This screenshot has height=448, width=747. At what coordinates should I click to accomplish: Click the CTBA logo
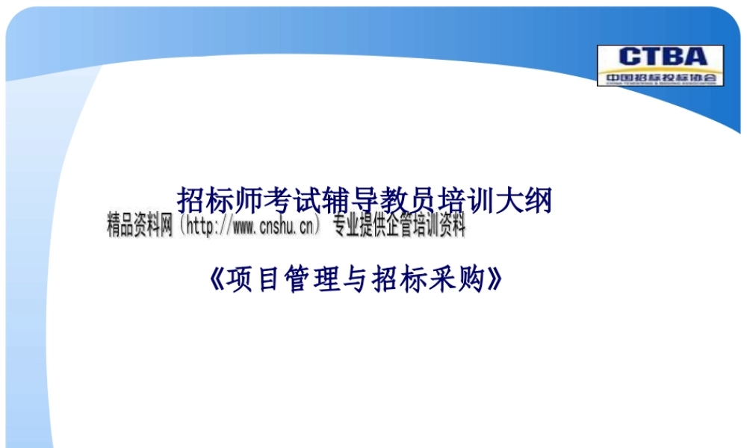(x=660, y=65)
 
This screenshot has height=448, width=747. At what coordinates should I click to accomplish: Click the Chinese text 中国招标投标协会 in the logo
(x=660, y=77)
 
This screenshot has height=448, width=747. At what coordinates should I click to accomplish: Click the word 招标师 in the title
(x=218, y=201)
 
